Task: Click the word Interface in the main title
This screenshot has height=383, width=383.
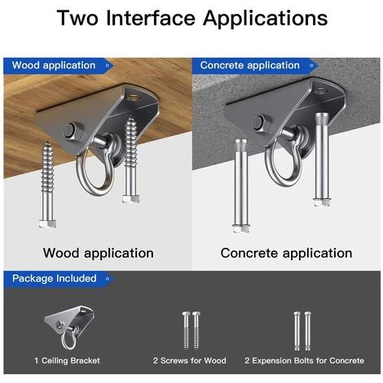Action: [x=151, y=18]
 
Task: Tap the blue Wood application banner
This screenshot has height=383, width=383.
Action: [x=59, y=66]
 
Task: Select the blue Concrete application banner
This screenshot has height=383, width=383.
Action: [x=255, y=66]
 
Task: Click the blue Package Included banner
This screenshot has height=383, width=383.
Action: [x=59, y=279]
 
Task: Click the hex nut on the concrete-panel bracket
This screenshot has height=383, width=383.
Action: [x=262, y=124]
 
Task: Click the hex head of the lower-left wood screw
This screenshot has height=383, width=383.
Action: [x=48, y=223]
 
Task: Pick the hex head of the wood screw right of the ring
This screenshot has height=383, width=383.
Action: [x=131, y=199]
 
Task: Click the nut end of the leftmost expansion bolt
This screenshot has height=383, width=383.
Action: [x=241, y=228]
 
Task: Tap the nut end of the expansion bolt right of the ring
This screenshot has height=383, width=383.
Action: [x=322, y=202]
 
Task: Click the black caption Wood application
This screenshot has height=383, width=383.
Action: [x=99, y=253]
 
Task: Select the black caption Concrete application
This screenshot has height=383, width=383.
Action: [x=286, y=253]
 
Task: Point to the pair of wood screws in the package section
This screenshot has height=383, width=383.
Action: [x=191, y=331]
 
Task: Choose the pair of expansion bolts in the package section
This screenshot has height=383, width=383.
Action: [x=302, y=331]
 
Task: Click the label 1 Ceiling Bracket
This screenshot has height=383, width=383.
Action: [x=67, y=361]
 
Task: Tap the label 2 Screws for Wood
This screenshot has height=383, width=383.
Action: [x=190, y=361]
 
